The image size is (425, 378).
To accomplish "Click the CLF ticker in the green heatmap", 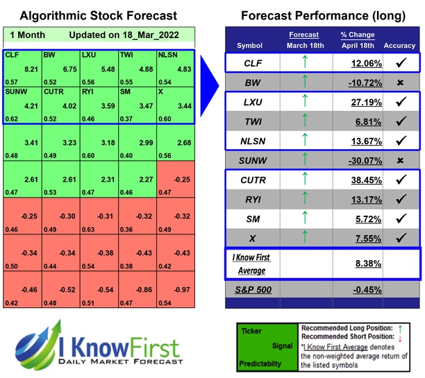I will [x=12, y=54].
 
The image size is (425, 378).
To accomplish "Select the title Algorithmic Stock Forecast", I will [x=97, y=15].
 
